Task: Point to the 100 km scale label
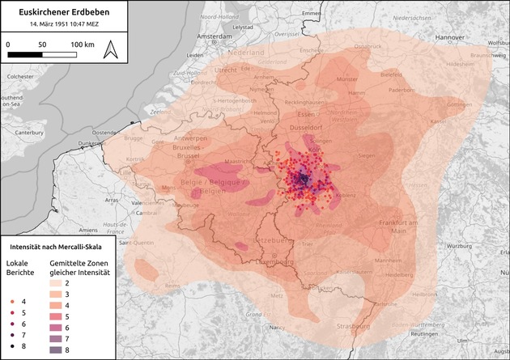click(81, 41)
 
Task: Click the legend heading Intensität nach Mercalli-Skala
click(61, 245)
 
